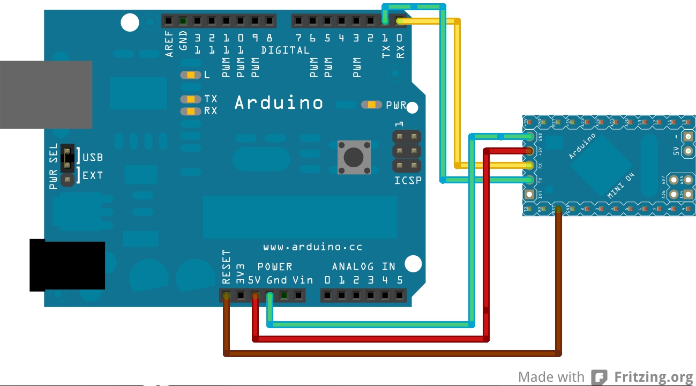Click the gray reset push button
(x=354, y=157)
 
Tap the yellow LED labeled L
(x=190, y=75)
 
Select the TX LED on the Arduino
(x=190, y=99)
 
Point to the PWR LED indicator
(x=371, y=105)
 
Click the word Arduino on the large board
(x=279, y=102)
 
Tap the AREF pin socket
(x=169, y=21)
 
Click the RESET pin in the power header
(x=227, y=295)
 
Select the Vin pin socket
(x=298, y=295)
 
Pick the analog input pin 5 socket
(x=399, y=295)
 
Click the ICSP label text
(x=408, y=180)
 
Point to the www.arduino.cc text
(x=312, y=247)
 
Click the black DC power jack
(x=67, y=266)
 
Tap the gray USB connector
(x=46, y=94)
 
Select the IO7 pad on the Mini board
(x=530, y=194)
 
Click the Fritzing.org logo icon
(x=599, y=377)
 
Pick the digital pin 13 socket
(x=198, y=21)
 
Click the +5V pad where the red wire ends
(x=529, y=150)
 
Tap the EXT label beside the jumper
(x=92, y=175)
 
